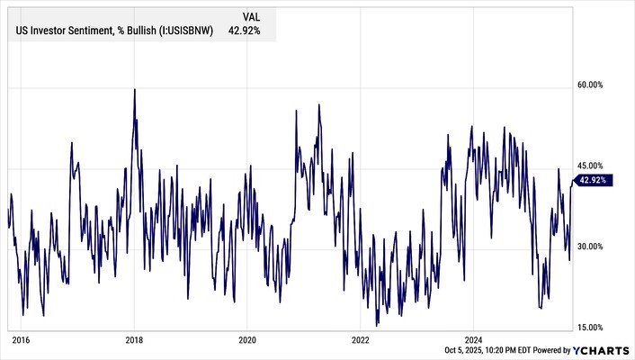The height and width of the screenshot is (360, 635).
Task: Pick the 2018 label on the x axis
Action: pos(134,340)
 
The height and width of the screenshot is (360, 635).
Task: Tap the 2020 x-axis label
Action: pos(247,340)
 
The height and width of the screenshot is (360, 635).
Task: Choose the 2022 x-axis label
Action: pos(361,340)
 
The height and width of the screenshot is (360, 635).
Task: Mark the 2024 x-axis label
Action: pos(474,340)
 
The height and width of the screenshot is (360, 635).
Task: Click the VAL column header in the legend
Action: pos(253,16)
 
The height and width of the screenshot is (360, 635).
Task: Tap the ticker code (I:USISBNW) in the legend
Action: pos(185,31)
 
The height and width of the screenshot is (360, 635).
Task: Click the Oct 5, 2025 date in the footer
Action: pos(468,350)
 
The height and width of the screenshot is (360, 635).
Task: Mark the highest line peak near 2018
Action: pos(135,89)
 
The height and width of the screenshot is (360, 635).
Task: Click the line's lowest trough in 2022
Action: pos(378,326)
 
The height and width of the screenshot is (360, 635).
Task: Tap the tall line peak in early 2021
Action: pos(318,105)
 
